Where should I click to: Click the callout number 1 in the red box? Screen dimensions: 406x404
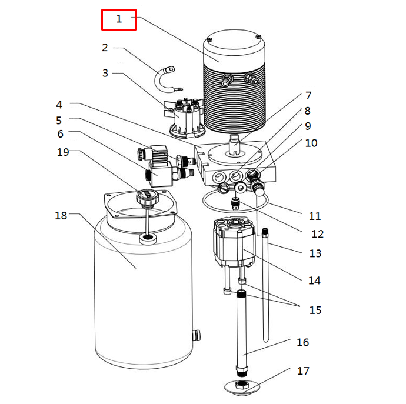coord(119,19)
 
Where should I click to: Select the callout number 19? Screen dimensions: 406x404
coord(63,152)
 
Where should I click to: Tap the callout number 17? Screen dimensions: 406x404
coord(303,371)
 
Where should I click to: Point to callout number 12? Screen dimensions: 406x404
coord(318,234)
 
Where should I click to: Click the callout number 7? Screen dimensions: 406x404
coord(308,96)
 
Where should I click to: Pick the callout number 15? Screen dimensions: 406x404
coord(315,310)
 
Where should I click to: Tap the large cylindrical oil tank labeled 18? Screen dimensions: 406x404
coord(143,292)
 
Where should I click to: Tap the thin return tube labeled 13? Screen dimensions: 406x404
coord(265,285)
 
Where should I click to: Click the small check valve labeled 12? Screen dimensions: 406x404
coord(235,203)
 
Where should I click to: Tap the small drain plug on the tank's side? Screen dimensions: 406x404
coord(197,335)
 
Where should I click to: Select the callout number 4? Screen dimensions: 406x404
coord(59,105)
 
